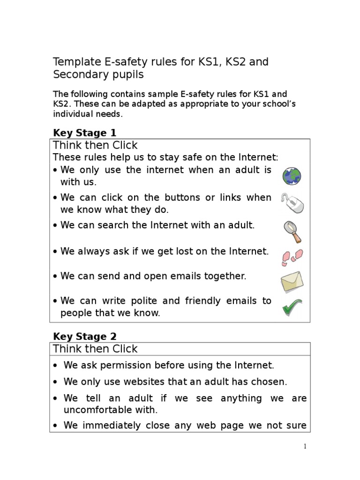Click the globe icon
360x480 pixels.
click(292, 176)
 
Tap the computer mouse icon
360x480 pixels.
click(292, 202)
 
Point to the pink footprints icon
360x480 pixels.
click(292, 257)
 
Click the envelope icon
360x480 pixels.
click(292, 282)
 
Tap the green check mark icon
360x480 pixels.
click(292, 307)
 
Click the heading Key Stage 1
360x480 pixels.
click(84, 133)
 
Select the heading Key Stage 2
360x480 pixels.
click(85, 336)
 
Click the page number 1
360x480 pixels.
click(305, 446)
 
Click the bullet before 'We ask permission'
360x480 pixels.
click(56, 366)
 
